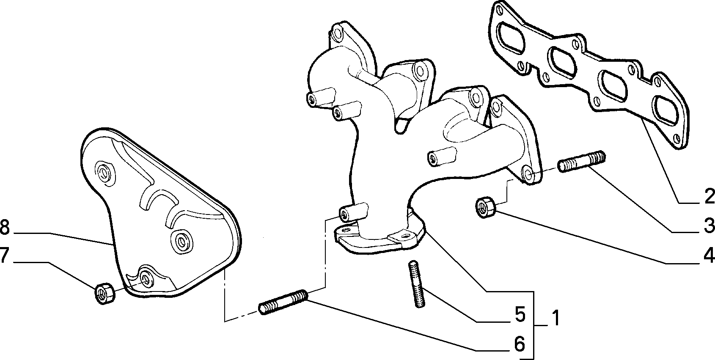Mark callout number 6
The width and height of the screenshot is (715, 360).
click(520, 344)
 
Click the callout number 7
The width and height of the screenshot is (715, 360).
click(4, 255)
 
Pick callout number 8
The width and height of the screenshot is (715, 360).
click(5, 227)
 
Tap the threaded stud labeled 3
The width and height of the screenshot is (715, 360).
click(582, 162)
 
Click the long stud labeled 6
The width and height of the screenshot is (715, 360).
click(283, 302)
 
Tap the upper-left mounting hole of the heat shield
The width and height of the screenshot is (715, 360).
click(104, 173)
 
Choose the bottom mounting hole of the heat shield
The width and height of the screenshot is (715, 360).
click(146, 280)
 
